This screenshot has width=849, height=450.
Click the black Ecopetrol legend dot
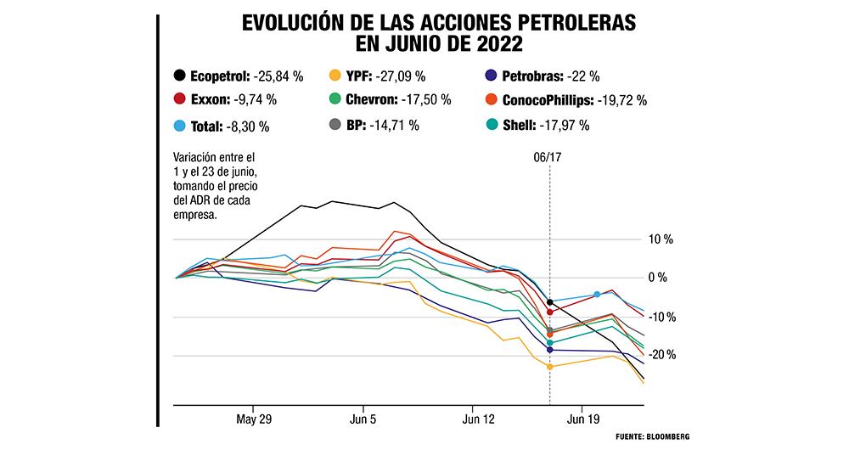[x=179, y=76]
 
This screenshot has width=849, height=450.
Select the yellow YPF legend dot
[x=335, y=76]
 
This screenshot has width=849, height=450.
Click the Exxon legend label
[x=209, y=100]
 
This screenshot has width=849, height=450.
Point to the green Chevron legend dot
[x=335, y=100]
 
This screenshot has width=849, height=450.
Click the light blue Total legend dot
[x=179, y=126]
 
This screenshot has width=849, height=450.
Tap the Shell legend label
[x=519, y=126]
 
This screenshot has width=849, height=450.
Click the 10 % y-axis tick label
[x=660, y=239]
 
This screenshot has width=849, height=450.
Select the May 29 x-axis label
[x=254, y=419]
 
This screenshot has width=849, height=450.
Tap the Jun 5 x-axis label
[x=363, y=419]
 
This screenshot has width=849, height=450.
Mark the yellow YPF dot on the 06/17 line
[x=550, y=367]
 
